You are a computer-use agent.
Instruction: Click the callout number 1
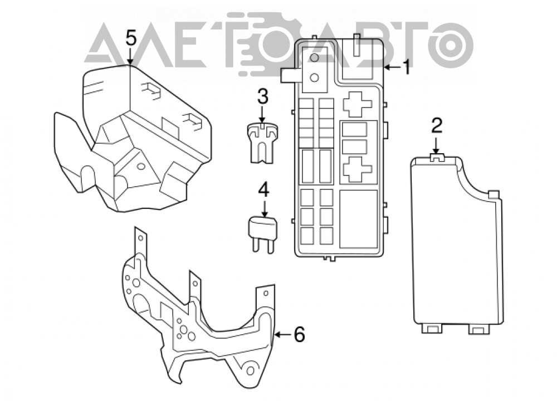pos(406,67)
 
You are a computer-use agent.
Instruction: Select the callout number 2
pos(436,126)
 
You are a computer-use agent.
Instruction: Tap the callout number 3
pos(262,96)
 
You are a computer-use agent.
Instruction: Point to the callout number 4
pos(263,190)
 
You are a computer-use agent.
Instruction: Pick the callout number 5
pos(131,38)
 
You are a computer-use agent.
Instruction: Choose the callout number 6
pos(300,334)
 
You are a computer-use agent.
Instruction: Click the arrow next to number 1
pos(392,67)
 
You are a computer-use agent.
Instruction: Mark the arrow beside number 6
pos(283,335)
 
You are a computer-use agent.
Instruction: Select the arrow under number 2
pos(436,145)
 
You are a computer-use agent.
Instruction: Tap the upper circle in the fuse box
pos(314,57)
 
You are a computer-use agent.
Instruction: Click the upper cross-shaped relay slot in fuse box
pos(358,104)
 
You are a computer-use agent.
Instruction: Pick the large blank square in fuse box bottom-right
pos(358,219)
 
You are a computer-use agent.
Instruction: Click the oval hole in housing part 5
pos(141,166)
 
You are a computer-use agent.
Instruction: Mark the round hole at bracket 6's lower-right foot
pos(251,370)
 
